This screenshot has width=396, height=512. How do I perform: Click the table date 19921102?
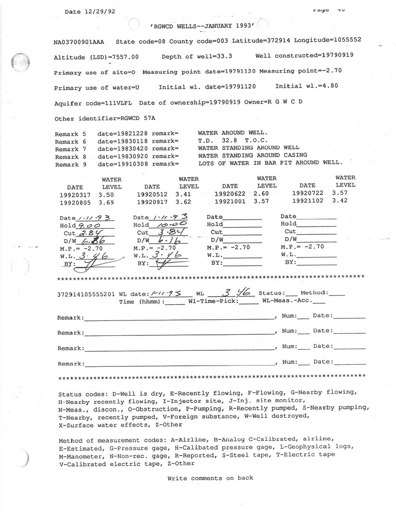pos(308,201)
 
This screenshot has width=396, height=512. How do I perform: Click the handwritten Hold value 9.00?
pos(89,225)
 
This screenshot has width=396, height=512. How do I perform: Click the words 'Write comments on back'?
pos(210,478)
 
